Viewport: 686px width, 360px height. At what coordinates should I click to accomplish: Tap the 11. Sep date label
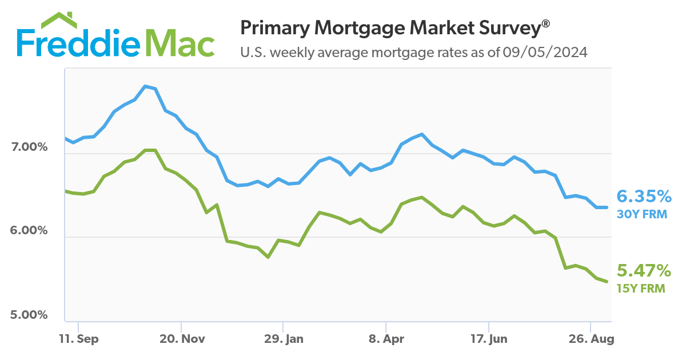[79, 339]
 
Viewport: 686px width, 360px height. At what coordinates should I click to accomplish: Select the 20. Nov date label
[182, 339]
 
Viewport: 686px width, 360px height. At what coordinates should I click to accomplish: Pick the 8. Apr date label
[386, 339]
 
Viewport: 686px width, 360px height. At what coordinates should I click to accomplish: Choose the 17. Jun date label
[489, 339]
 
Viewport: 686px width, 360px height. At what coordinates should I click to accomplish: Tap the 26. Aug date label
[591, 339]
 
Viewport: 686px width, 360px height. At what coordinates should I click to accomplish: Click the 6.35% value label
[644, 197]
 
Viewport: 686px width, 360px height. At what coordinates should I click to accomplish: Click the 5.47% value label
[643, 270]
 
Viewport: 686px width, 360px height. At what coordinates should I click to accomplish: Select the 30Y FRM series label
[641, 215]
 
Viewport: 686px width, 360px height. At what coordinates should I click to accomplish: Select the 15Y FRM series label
[641, 288]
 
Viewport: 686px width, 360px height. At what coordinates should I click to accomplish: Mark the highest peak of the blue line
[145, 86]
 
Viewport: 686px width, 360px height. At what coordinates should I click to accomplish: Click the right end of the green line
[607, 282]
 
